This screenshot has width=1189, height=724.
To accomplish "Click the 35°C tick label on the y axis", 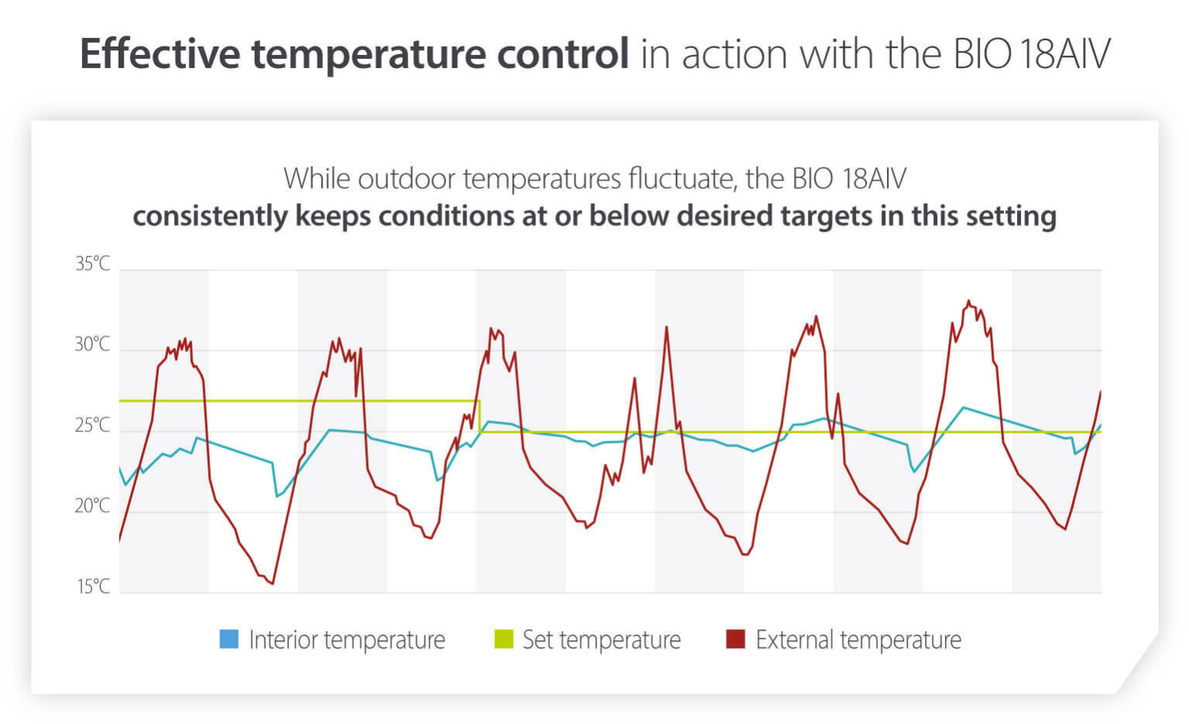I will point(92,264).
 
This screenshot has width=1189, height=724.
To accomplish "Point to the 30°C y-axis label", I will point(92,345).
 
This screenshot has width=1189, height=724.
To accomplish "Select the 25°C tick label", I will point(92,425).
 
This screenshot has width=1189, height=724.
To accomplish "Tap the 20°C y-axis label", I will point(92,506).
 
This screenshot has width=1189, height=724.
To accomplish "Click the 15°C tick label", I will point(93,586).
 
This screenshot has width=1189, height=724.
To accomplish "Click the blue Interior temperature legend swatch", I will point(229,639).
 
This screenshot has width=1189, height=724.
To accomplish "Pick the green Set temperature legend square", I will point(503,639).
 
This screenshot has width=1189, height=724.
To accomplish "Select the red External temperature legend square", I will point(735,639).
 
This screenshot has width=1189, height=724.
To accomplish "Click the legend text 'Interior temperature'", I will point(347,640).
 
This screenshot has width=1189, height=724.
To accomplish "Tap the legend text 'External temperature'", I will point(858,640).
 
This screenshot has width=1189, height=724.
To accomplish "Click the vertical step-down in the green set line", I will point(479,416).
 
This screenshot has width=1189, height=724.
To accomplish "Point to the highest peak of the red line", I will point(968,301).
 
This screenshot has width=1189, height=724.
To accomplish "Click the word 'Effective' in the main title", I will point(160,54).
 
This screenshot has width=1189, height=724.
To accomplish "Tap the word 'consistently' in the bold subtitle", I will point(210,216).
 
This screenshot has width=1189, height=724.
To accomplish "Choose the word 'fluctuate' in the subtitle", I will point(682,179).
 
